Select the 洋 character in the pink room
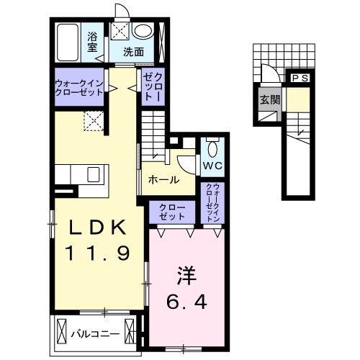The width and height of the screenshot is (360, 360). pos(187,275)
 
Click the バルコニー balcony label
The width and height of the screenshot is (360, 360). pos(94,333)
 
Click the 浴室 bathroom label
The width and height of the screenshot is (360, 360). pos(93,40)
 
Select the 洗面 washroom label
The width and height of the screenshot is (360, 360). pos(132,52)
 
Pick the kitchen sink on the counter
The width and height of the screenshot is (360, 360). pos(94,174)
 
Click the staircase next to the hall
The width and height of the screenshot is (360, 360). pos(153,137)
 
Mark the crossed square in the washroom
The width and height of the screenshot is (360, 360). pos(119,30)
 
